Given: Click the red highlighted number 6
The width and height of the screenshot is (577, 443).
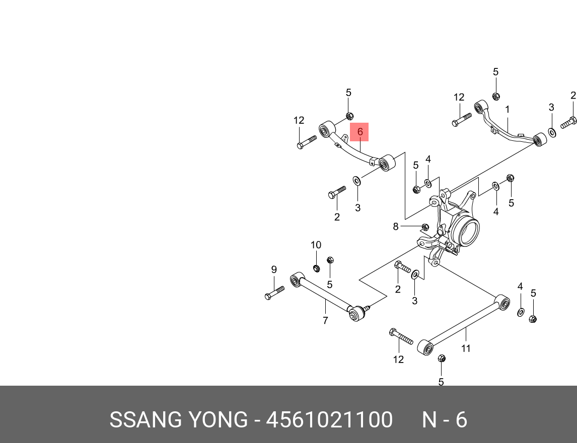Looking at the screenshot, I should [x=359, y=132].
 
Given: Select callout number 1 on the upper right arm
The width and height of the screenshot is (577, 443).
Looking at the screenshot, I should [x=508, y=109].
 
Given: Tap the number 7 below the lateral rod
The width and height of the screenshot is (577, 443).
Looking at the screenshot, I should [x=325, y=320].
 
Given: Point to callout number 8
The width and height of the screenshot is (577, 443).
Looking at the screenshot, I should [x=396, y=227].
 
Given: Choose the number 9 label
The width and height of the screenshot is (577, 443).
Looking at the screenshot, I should [x=274, y=270].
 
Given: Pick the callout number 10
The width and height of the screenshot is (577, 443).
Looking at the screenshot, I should [x=316, y=245].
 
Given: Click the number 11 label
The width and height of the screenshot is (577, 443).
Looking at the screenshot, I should [x=466, y=348].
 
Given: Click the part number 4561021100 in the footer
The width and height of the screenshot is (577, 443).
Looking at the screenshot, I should [x=329, y=420].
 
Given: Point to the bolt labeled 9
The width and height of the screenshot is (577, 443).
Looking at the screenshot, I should [x=274, y=293].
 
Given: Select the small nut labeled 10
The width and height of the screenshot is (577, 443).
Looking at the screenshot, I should [x=316, y=268].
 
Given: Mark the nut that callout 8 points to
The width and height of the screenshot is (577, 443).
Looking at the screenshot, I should [x=424, y=227].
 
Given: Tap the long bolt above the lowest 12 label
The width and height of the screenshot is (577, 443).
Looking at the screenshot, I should [x=401, y=336].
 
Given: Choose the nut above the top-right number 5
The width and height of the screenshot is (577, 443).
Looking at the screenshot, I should [x=495, y=96].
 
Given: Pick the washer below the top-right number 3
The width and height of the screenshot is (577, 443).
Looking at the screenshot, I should [x=552, y=132].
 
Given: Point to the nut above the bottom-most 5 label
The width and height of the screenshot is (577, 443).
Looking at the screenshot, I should [x=442, y=359].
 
